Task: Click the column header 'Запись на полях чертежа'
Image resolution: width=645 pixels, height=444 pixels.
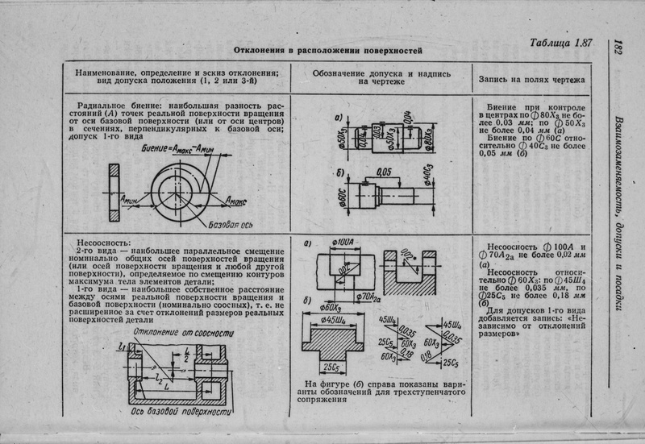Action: [x=531, y=81]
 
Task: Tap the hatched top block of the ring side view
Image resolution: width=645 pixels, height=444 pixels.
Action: [x=114, y=173]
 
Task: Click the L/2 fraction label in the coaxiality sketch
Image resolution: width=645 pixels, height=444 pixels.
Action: [x=185, y=353]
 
